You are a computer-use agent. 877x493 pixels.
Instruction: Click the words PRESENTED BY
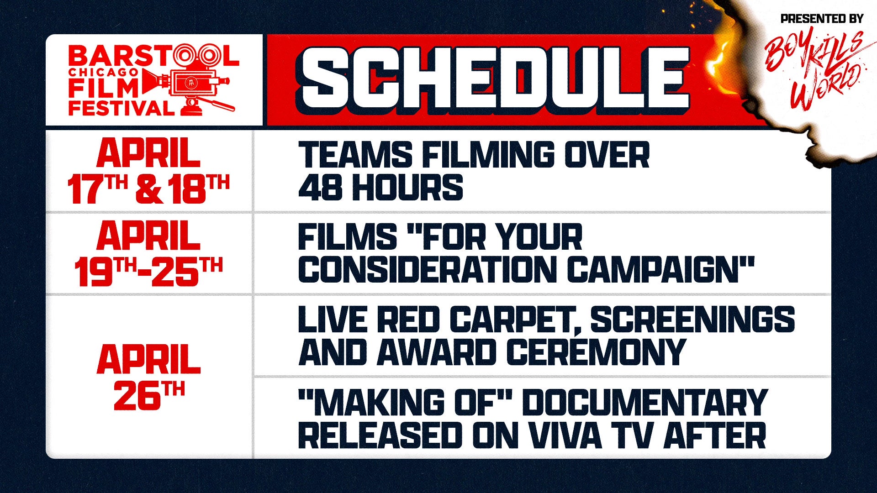[x=822, y=19]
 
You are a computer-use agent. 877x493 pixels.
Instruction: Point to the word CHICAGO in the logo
[x=103, y=73]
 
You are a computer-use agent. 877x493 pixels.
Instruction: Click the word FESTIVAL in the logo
[x=121, y=108]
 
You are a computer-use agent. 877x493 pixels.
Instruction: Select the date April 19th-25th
[x=148, y=254]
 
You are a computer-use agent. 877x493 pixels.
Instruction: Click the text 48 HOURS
[x=380, y=187]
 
